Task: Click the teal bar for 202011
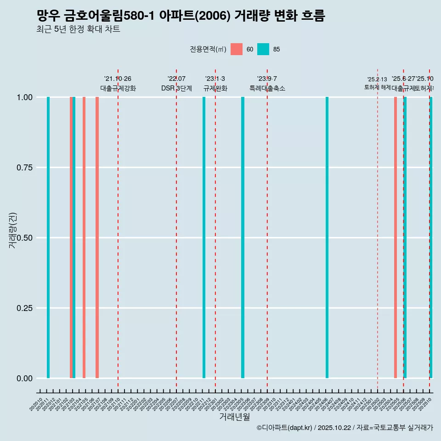(x=48, y=237)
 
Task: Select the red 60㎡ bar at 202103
(x=71, y=237)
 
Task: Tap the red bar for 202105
(x=84, y=237)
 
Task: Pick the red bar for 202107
(x=97, y=237)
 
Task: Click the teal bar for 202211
(x=204, y=237)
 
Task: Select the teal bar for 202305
(x=243, y=237)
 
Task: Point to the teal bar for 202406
(x=327, y=237)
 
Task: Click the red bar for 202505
(x=395, y=237)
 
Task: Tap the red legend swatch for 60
(x=237, y=49)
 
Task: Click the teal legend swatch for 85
(x=263, y=49)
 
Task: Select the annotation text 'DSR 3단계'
(x=176, y=88)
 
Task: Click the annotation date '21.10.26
(x=118, y=79)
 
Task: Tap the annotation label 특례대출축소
(x=267, y=88)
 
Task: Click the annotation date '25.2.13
(x=377, y=79)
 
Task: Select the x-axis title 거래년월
(x=234, y=417)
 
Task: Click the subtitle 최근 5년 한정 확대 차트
(x=79, y=29)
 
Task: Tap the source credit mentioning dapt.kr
(x=345, y=428)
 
